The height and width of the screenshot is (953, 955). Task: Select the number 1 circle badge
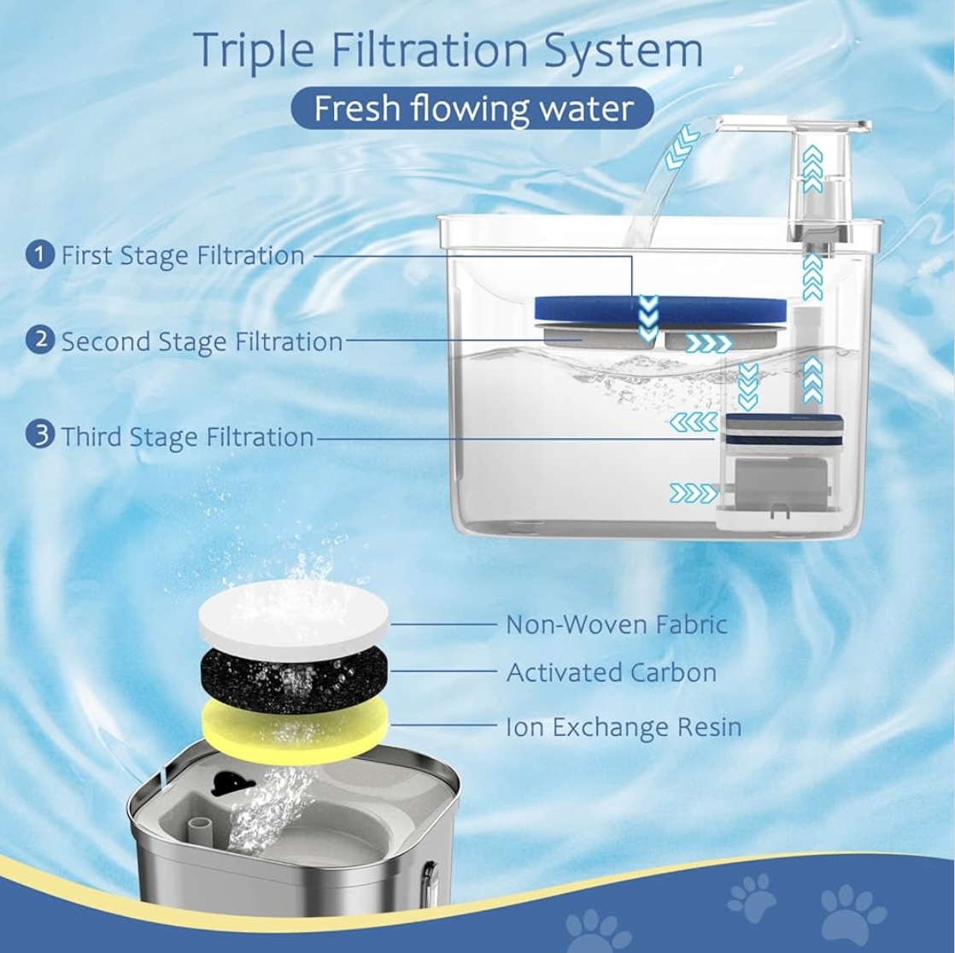pos(40,254)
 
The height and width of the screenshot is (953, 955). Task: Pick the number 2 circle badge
pos(40,339)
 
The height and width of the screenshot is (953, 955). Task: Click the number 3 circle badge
pos(40,435)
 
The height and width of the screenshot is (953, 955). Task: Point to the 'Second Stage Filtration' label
pos(202,341)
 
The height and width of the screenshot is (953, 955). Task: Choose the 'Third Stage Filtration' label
pos(188,437)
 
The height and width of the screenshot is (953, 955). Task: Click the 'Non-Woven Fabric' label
pos(617,625)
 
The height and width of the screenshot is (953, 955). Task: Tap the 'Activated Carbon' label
pos(612,673)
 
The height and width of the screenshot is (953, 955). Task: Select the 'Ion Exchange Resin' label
pos(624,727)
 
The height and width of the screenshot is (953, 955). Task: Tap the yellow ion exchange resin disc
pos(294,730)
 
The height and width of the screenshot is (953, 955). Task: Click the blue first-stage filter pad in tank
pos(659,309)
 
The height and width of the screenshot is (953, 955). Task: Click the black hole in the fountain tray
pos(226,782)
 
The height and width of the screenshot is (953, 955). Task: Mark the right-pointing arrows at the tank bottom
pos(694,493)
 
